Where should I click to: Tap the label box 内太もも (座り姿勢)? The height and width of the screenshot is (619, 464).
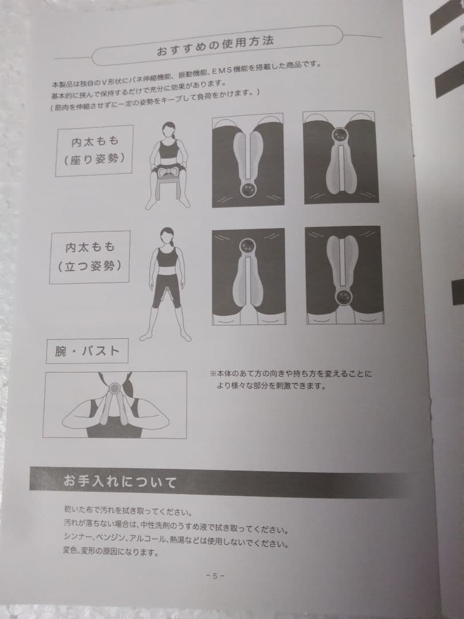[x=94, y=151]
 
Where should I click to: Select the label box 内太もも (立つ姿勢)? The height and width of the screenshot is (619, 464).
[x=90, y=257]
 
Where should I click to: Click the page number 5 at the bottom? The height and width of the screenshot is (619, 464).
[x=215, y=576]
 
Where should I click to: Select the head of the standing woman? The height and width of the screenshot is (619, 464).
[x=167, y=236]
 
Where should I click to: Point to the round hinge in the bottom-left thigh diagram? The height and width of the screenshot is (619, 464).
[x=248, y=245]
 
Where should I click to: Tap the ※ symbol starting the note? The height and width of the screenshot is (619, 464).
[x=213, y=374]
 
